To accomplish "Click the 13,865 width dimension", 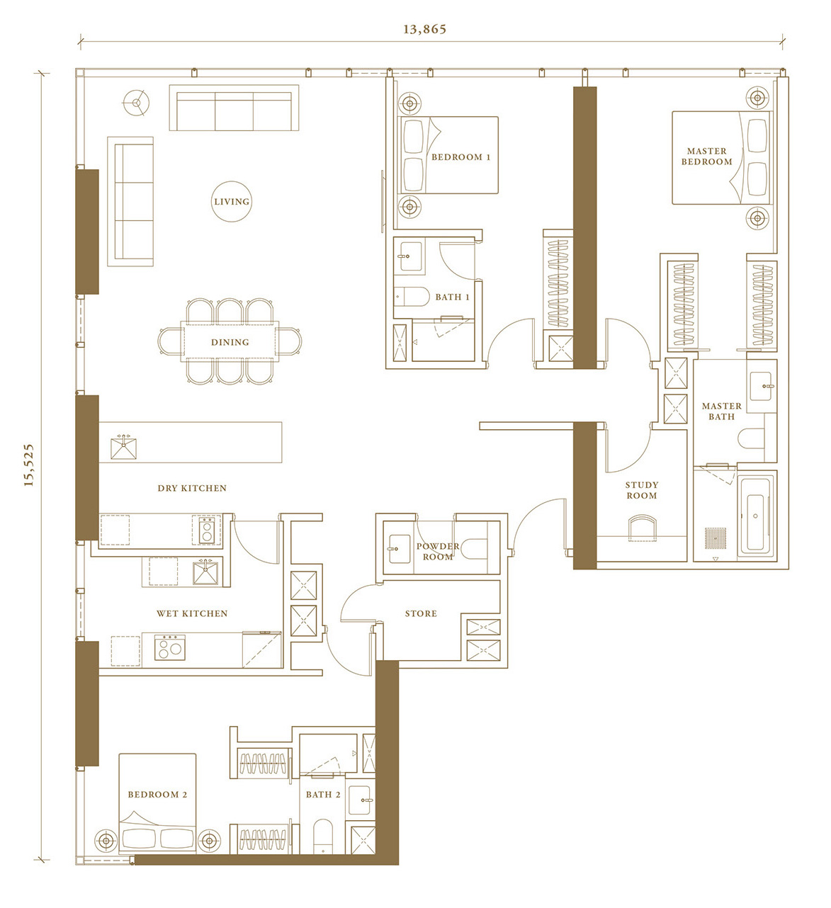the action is [425, 30].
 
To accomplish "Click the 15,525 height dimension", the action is [28, 465].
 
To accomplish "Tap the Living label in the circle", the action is [232, 202].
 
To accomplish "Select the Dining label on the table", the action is [230, 342].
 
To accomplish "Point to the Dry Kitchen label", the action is [192, 488].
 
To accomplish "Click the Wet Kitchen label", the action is [192, 613].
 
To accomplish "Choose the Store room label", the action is [421, 613].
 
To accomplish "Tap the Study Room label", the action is [642, 490].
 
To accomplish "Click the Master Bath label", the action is [721, 412].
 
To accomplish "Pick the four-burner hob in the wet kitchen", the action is [170, 647].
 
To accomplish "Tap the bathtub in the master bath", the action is [755, 515].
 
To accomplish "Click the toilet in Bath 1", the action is [411, 297].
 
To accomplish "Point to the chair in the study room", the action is [642, 528].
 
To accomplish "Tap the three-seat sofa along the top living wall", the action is [234, 108].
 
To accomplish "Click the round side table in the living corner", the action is [136, 103].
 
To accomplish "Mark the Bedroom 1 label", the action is [460, 157].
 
